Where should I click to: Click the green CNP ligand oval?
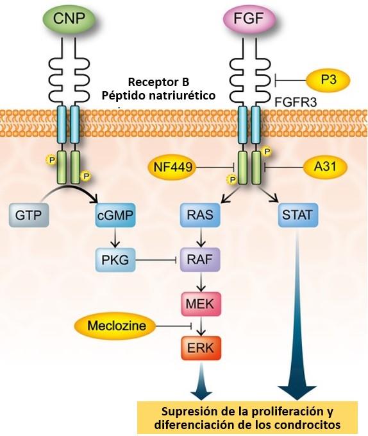click(69, 19)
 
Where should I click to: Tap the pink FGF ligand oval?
click(249, 19)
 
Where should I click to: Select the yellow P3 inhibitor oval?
click(328, 80)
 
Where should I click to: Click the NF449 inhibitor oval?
click(172, 168)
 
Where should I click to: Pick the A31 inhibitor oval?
click(325, 167)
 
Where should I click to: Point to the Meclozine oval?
click(117, 326)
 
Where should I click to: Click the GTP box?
click(29, 215)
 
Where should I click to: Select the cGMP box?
click(115, 215)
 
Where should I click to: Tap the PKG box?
click(115, 259)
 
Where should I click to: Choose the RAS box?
click(200, 215)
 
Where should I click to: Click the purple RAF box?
click(200, 259)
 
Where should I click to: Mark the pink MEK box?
click(201, 304)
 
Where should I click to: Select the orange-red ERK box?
click(201, 348)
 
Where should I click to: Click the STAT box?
click(297, 215)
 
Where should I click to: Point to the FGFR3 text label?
click(296, 103)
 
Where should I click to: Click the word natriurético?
click(183, 96)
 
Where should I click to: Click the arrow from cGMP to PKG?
click(115, 238)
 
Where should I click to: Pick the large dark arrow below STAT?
click(297, 314)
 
